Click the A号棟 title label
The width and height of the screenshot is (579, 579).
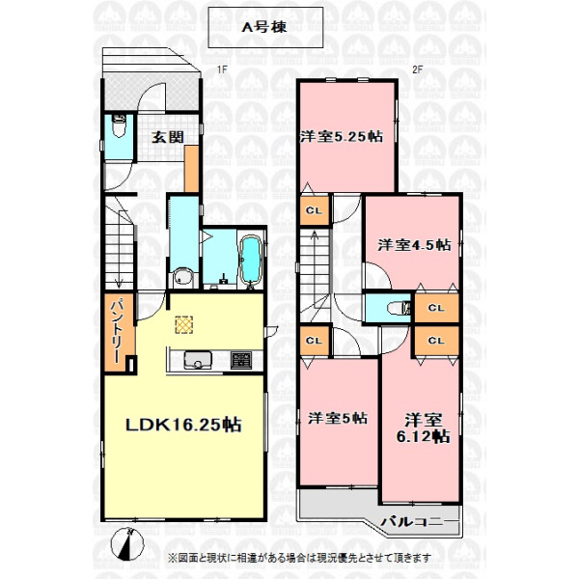pos(264,27)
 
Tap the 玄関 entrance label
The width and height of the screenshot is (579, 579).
pos(168,137)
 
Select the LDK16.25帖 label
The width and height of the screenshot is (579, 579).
pos(184,425)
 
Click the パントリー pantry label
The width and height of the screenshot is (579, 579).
pos(119,331)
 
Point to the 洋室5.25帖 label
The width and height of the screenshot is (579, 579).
pos(342,137)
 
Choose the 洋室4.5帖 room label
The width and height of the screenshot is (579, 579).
pos(414,245)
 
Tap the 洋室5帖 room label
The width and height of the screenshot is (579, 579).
pos(338,419)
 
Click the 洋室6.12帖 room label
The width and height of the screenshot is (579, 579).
pos(424,428)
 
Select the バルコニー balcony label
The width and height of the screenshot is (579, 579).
pos(417,522)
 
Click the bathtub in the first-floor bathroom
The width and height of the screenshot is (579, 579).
pos(251,261)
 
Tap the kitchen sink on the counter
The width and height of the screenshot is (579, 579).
pos(198,360)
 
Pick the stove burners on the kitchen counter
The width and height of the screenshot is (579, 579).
pos(241,360)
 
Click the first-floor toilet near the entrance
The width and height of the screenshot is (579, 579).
pos(119,125)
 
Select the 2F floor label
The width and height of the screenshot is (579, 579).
pos(417,69)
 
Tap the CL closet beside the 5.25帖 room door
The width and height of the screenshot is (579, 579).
pos(315,210)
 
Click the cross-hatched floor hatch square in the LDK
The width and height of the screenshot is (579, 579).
pos(184,325)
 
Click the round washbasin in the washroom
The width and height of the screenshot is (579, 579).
pos(183,277)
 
